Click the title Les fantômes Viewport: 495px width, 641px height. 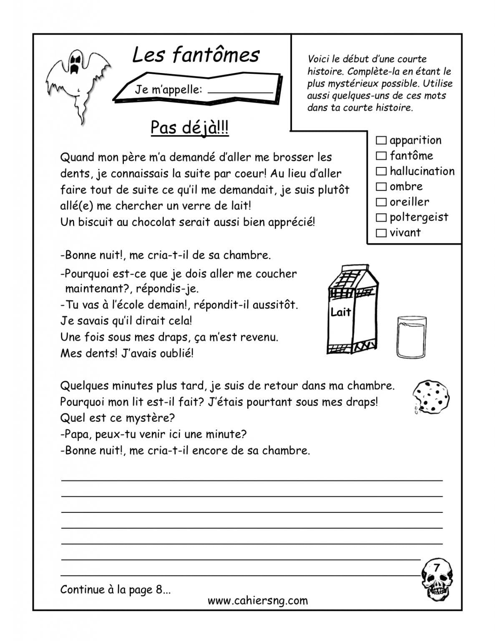196,55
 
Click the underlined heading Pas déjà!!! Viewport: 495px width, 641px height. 189,128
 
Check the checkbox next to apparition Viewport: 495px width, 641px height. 381,140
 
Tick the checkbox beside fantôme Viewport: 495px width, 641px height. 381,156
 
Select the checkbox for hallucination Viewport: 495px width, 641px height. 381,171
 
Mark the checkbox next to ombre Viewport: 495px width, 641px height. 381,187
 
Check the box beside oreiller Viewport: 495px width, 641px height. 381,202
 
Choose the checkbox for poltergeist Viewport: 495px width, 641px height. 381,217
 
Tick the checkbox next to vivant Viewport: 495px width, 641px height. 381,233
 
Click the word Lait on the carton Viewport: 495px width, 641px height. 341,312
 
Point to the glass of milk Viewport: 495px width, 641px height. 411,336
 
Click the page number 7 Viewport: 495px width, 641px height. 437,568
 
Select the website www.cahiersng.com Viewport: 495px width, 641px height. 257,601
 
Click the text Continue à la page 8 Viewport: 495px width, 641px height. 116,589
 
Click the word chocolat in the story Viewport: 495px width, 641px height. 153,222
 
